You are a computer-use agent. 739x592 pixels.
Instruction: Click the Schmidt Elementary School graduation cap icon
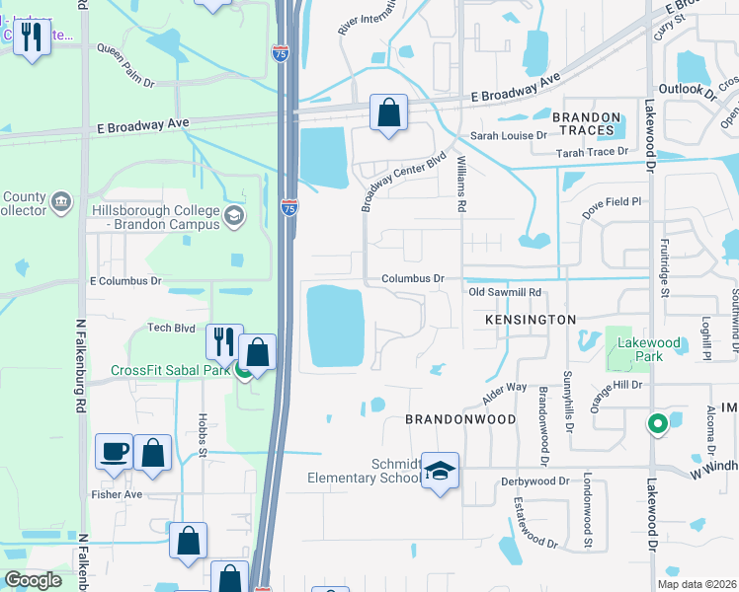point(441,470)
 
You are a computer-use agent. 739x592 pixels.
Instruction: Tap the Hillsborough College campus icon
point(234,216)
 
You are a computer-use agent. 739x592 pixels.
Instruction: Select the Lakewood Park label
point(648,349)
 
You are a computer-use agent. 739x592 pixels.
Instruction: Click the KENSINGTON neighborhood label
point(530,320)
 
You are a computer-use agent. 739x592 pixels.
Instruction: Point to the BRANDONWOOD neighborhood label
point(461,419)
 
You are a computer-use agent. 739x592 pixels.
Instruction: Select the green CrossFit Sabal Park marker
point(242,370)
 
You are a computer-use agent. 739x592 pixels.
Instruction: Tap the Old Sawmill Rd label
point(505,292)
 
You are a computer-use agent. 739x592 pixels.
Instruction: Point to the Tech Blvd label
point(171,328)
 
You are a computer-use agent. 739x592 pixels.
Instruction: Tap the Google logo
point(34,580)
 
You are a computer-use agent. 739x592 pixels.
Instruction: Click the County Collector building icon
point(61,202)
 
